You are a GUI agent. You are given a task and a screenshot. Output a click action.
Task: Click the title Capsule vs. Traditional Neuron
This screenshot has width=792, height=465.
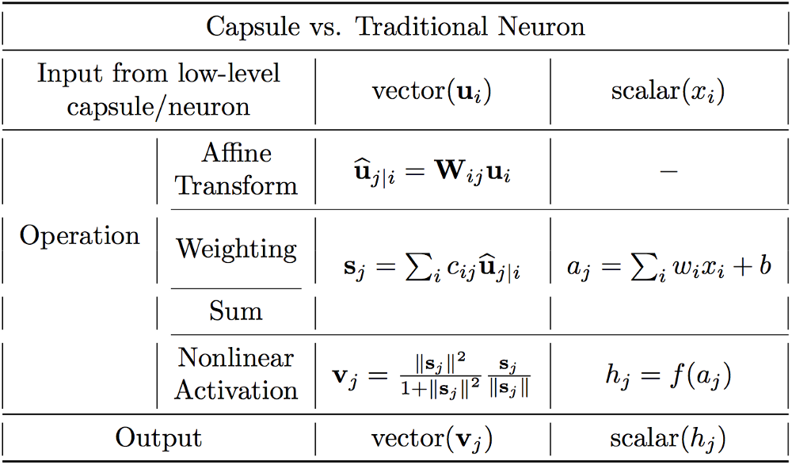coord(395,28)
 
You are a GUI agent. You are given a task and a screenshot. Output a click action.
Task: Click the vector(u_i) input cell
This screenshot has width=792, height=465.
coord(432,92)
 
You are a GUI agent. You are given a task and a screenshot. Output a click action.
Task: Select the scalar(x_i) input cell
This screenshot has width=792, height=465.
coord(668,92)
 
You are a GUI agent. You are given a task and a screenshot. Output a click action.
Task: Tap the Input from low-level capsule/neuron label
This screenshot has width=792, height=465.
coord(158,90)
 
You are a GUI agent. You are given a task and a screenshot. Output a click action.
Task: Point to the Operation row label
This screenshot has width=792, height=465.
coord(79,235)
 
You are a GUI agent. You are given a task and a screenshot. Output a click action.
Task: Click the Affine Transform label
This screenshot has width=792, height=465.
coord(236,169)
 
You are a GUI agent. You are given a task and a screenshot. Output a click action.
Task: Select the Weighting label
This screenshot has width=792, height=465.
coord(236,249)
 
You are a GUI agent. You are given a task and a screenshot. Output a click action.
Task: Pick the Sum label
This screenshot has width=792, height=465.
coord(236,311)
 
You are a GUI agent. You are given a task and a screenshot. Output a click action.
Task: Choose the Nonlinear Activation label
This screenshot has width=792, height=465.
coord(236,373)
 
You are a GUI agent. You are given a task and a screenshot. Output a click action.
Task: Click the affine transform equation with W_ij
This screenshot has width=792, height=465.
coord(432,171)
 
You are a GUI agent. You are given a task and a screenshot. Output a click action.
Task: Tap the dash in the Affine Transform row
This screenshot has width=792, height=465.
coord(668,171)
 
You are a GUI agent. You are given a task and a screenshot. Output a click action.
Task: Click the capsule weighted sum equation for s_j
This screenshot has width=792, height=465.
coord(432,269)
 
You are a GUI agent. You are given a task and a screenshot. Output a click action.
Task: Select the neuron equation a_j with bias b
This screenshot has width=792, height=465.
coord(668,267)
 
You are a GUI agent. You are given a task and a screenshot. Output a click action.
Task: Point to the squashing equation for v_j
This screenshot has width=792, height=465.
coord(432,375)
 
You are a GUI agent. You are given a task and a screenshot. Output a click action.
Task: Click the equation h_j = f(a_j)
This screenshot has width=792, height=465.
coord(668,374)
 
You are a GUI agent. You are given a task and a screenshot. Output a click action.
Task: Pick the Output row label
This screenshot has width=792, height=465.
coord(158,438)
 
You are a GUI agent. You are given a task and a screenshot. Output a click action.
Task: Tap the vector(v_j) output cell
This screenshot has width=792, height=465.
coord(432,439)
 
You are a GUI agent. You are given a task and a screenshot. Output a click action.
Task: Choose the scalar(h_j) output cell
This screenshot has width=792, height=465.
coord(668,439)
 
